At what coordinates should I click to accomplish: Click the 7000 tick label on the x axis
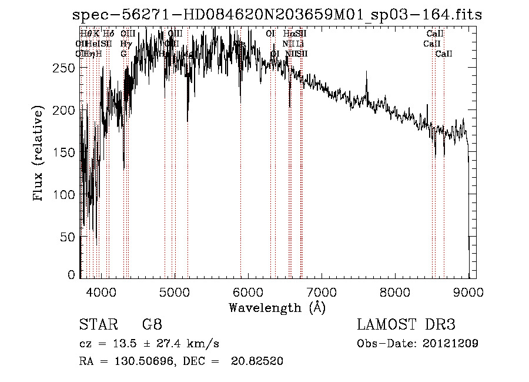point(322,291)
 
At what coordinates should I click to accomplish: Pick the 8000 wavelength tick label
point(395,291)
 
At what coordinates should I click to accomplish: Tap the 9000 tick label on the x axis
point(468,291)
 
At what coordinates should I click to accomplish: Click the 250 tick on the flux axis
point(66,68)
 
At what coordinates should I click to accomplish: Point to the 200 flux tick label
point(66,111)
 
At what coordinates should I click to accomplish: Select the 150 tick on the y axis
point(66,152)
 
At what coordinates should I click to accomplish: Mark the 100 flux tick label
point(66,195)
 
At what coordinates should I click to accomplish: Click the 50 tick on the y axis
point(69,237)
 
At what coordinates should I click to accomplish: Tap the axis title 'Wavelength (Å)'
point(277,307)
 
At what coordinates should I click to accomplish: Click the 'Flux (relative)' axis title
point(39,154)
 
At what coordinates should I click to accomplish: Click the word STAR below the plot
point(97,325)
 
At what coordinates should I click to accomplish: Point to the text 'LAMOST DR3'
point(406,325)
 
